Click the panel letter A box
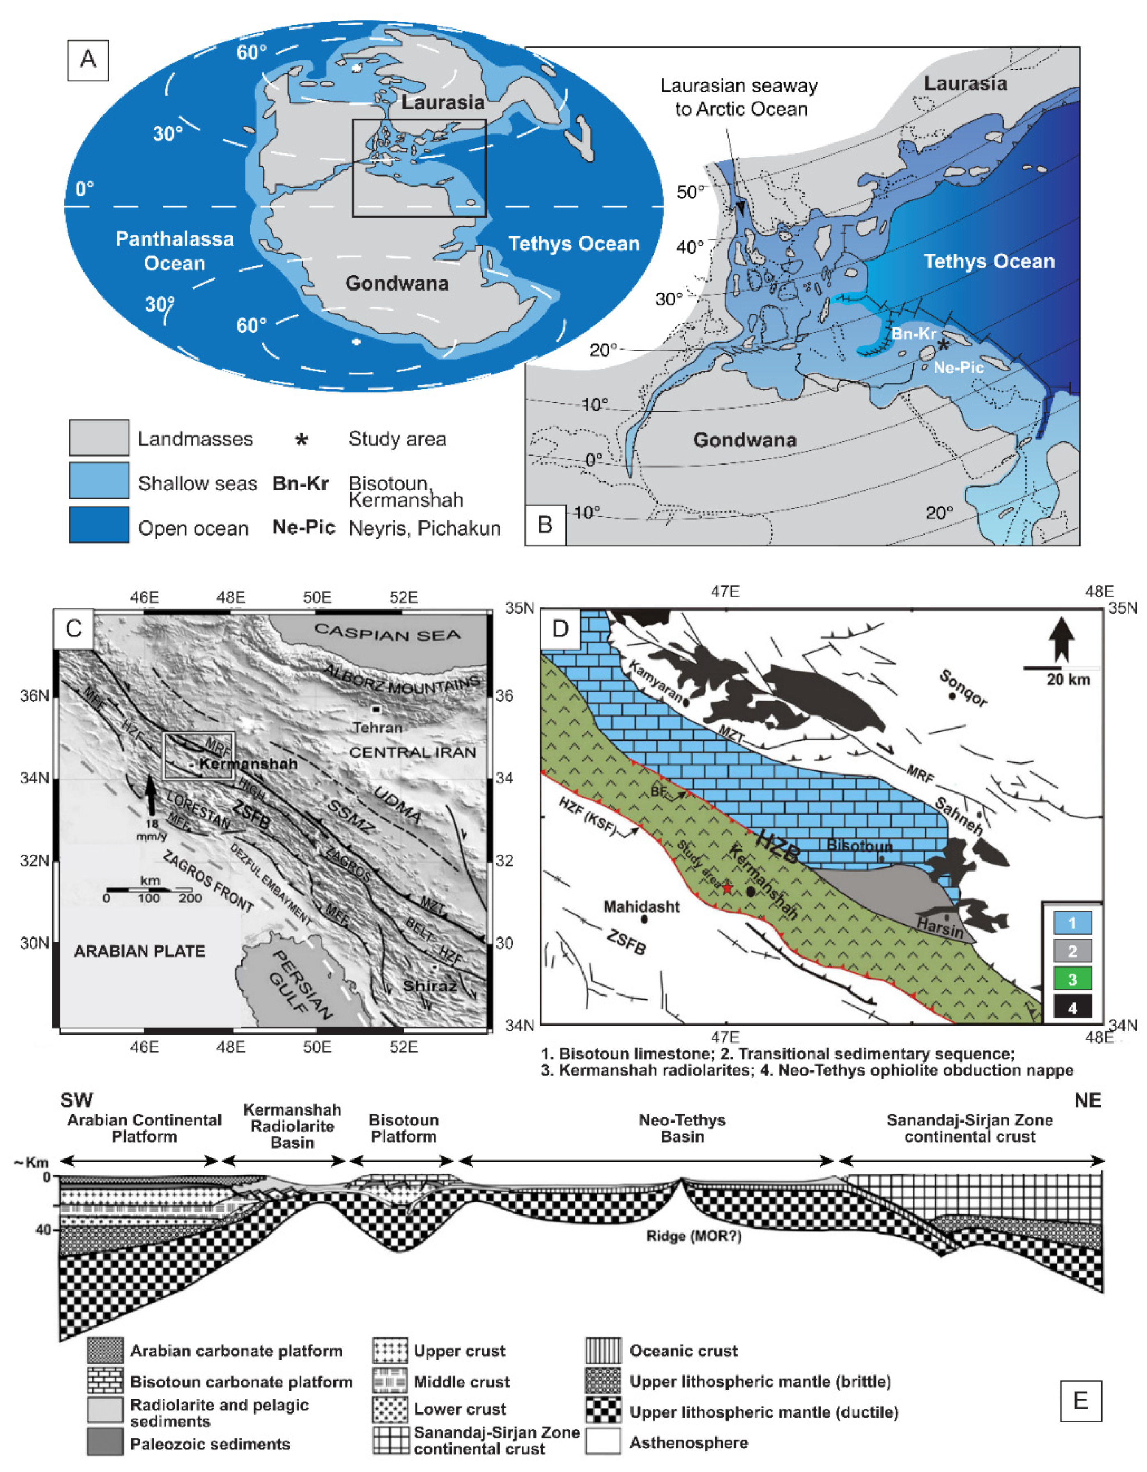click(x=87, y=60)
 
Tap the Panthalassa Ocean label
click(x=175, y=251)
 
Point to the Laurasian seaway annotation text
click(x=739, y=98)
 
